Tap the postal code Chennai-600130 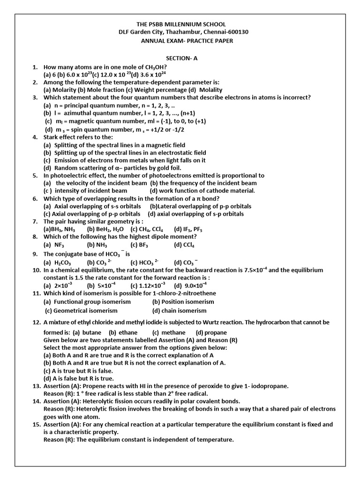225,32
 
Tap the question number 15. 37,424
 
